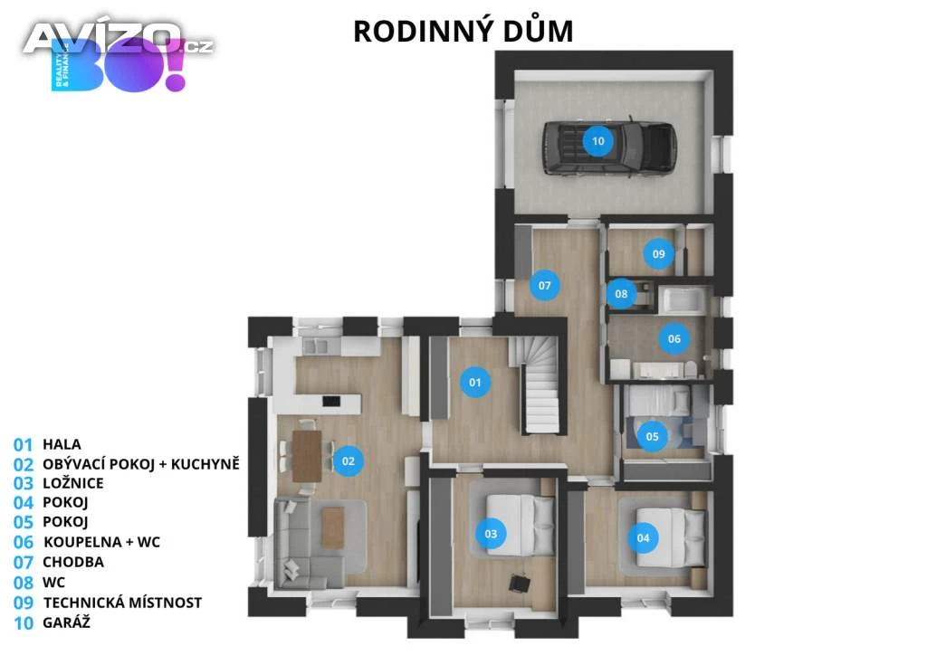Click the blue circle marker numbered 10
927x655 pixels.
(x=597, y=141)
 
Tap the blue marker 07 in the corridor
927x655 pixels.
(x=544, y=285)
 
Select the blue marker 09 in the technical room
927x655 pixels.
(x=659, y=254)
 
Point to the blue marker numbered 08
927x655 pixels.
(x=621, y=293)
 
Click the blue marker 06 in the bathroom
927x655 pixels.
(x=674, y=339)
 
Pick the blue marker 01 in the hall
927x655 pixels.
(x=475, y=382)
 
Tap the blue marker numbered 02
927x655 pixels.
(x=349, y=461)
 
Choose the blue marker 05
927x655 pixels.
(x=652, y=436)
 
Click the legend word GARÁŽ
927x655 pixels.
(x=66, y=622)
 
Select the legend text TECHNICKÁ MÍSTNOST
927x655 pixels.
(x=122, y=603)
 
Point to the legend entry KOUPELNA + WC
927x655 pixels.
(x=101, y=542)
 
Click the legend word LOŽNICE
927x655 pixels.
(x=72, y=483)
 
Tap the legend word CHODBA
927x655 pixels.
(x=73, y=562)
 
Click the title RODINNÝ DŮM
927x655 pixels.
(x=463, y=31)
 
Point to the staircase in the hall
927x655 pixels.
(x=535, y=384)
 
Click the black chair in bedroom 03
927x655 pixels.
(x=520, y=583)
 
